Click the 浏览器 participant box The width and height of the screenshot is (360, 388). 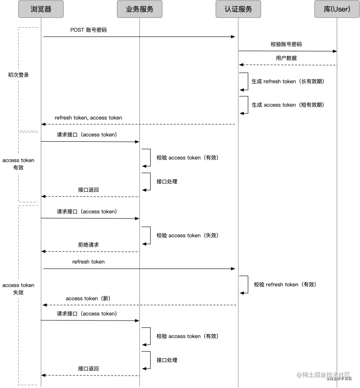tap(41, 9)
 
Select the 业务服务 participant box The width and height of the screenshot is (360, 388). tap(139, 9)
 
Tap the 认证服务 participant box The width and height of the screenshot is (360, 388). tap(238, 9)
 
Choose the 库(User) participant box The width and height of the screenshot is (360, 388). tap(337, 9)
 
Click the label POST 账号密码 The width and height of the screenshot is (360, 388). tap(88, 30)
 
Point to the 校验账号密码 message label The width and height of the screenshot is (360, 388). tap(286, 44)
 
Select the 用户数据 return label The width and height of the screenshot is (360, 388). tap(286, 58)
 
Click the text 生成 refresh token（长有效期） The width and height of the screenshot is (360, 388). tap(288, 81)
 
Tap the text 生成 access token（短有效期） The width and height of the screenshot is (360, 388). tap(288, 105)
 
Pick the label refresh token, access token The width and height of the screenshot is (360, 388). tap(88, 118)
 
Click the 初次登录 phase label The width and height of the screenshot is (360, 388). tap(18, 75)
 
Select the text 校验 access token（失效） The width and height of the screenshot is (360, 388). tap(187, 235)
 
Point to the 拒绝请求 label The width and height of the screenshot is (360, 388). tap(88, 245)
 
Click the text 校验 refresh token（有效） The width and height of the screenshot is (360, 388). tap(285, 284)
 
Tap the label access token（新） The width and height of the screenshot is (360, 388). tap(88, 298)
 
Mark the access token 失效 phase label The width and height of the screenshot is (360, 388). tap(18, 289)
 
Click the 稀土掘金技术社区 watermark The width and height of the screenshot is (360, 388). tap(323, 375)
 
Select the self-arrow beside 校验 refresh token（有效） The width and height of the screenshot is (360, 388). tap(245, 284)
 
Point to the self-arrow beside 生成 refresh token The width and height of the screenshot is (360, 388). tap(245, 81)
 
